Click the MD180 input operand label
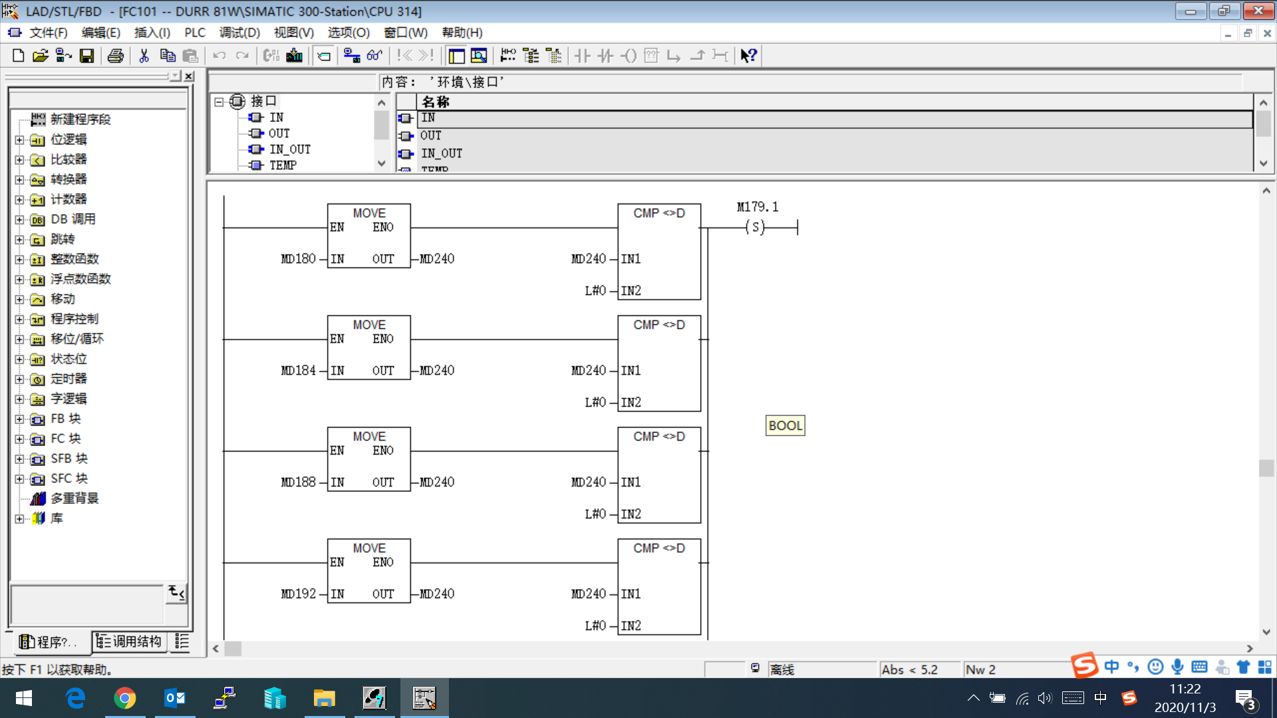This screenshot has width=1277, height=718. pyautogui.click(x=298, y=259)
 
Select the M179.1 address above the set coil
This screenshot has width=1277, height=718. pyautogui.click(x=757, y=207)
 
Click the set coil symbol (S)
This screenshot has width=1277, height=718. pyautogui.click(x=755, y=227)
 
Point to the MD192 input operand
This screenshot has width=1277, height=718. pyautogui.click(x=298, y=594)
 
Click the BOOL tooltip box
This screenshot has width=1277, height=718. pyautogui.click(x=785, y=425)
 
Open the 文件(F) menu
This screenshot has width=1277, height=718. pyautogui.click(x=48, y=33)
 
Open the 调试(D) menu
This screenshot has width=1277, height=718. pyautogui.click(x=239, y=33)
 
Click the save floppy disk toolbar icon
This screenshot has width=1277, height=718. pyautogui.click(x=86, y=56)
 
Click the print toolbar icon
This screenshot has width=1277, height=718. pyautogui.click(x=115, y=56)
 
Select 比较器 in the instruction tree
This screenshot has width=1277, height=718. pyautogui.click(x=69, y=160)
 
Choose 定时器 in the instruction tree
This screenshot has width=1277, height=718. pyautogui.click(x=69, y=379)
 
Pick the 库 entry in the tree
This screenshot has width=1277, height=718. pyautogui.click(x=57, y=519)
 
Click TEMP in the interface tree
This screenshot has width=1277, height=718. pyautogui.click(x=283, y=166)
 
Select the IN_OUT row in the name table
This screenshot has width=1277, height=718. pyautogui.click(x=442, y=154)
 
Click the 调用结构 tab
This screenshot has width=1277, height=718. pyautogui.click(x=129, y=642)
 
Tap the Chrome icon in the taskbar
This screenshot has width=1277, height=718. pyautogui.click(x=124, y=698)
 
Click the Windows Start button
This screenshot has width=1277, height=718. pyautogui.click(x=24, y=698)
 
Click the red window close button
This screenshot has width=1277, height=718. pyautogui.click(x=1258, y=11)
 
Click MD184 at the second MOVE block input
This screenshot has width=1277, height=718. pyautogui.click(x=298, y=370)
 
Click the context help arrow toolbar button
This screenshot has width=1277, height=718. pyautogui.click(x=748, y=56)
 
